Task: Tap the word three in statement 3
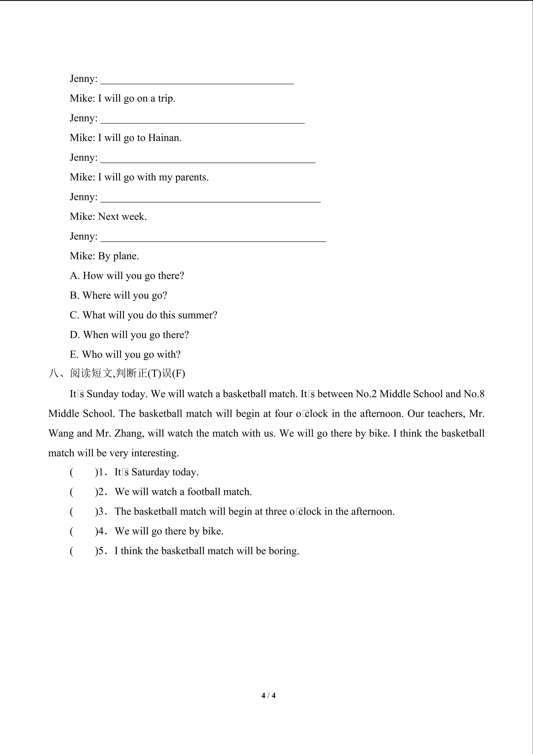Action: click(275, 511)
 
